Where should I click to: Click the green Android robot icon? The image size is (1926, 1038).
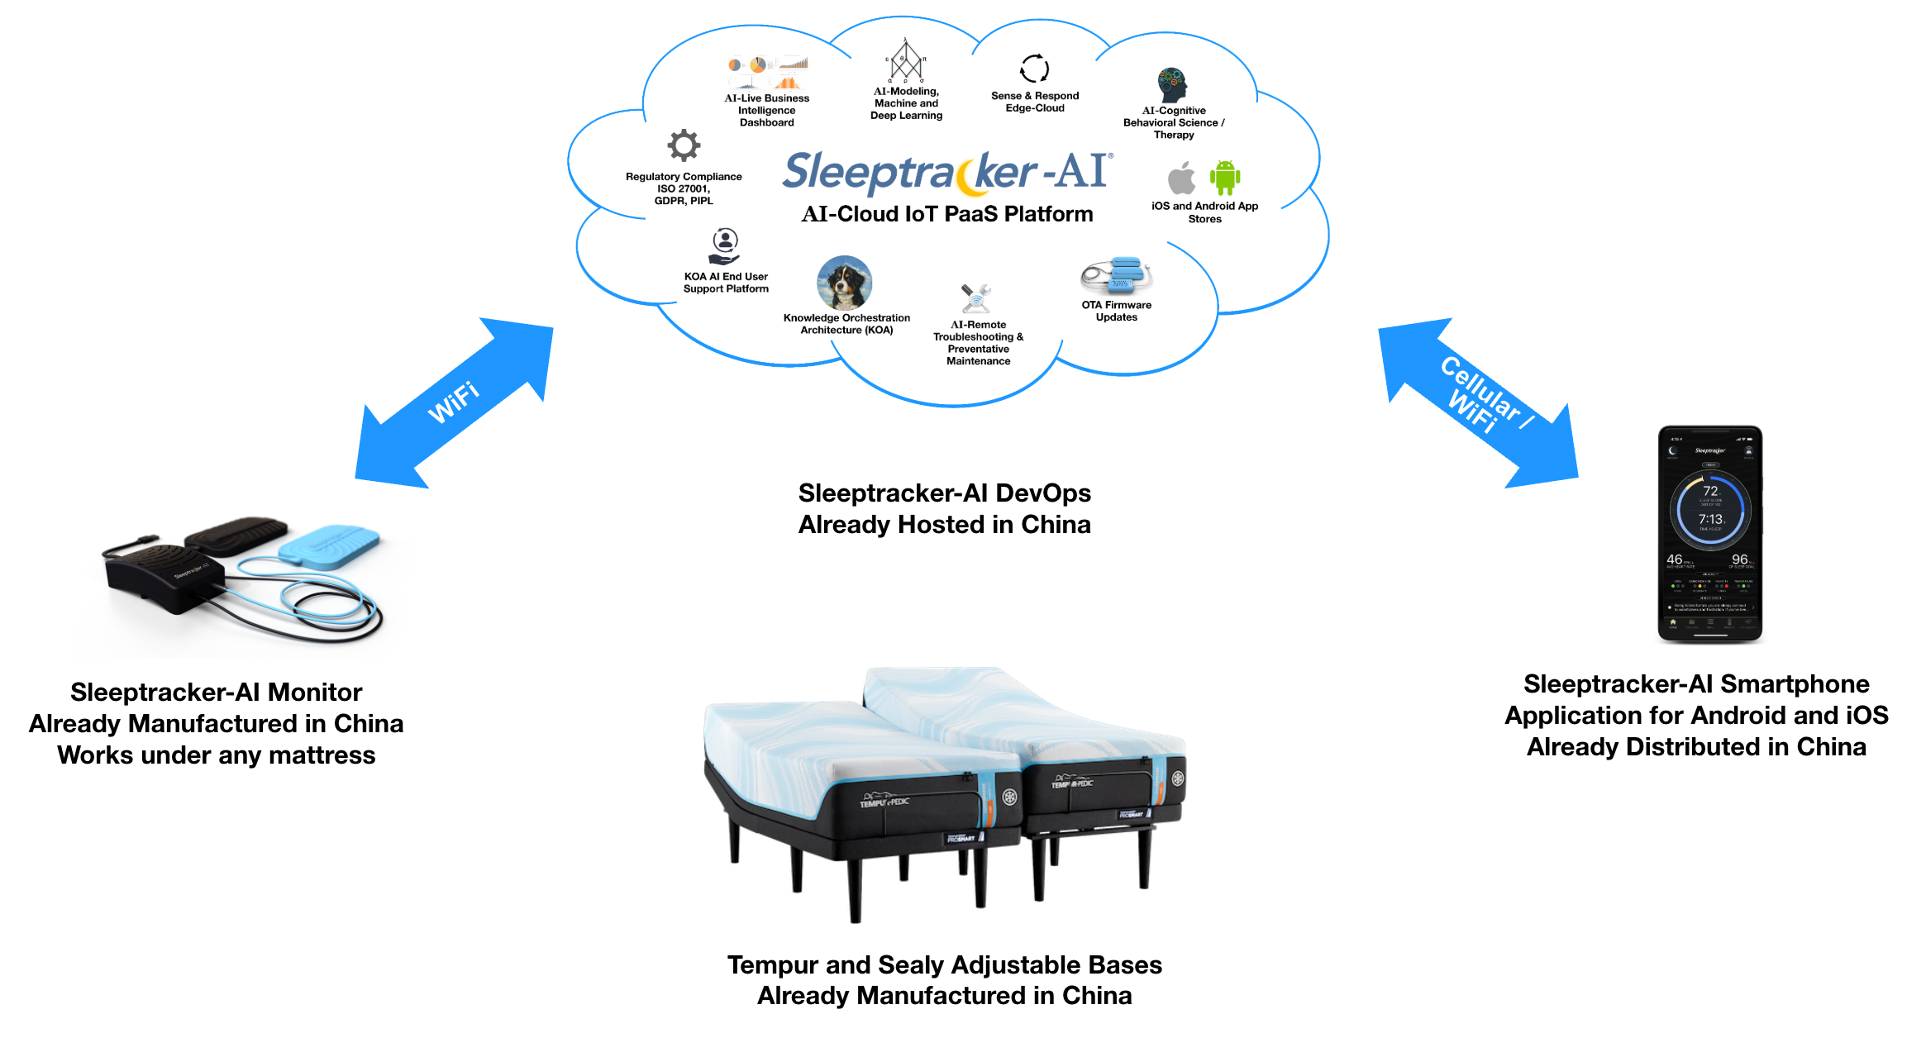tap(1224, 177)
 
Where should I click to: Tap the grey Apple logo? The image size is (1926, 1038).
tap(1181, 178)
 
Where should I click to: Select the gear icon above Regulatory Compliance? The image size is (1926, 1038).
tap(684, 146)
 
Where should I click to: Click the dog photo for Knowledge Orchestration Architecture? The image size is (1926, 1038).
tap(844, 283)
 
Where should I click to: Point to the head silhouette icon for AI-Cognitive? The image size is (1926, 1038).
tap(1172, 84)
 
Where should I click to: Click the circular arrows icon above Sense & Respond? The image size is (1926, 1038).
tap(1034, 69)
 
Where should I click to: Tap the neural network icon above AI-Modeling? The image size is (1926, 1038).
tap(906, 60)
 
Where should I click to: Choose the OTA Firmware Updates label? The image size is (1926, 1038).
tap(1116, 311)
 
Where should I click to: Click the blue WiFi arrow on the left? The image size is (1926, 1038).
tap(454, 402)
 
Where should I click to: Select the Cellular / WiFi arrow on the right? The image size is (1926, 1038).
tap(1479, 402)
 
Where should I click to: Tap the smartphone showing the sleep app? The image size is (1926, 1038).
tap(1709, 533)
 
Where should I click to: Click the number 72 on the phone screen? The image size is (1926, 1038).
tap(1710, 491)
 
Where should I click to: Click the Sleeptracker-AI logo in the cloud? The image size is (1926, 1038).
tap(947, 173)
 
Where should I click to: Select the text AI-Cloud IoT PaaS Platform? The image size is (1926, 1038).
tap(947, 214)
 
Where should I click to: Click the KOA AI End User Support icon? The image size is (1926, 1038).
tap(725, 245)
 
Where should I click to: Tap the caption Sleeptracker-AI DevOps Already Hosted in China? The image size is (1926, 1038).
tap(944, 509)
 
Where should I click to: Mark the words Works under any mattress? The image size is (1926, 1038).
tap(216, 755)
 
